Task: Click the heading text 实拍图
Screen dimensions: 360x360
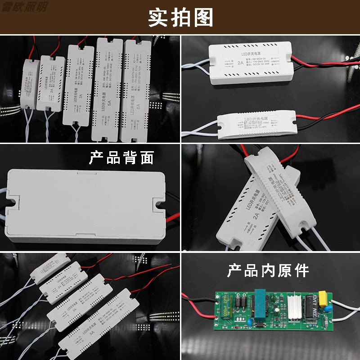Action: tap(180, 18)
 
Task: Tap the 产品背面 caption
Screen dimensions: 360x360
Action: tap(121, 158)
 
